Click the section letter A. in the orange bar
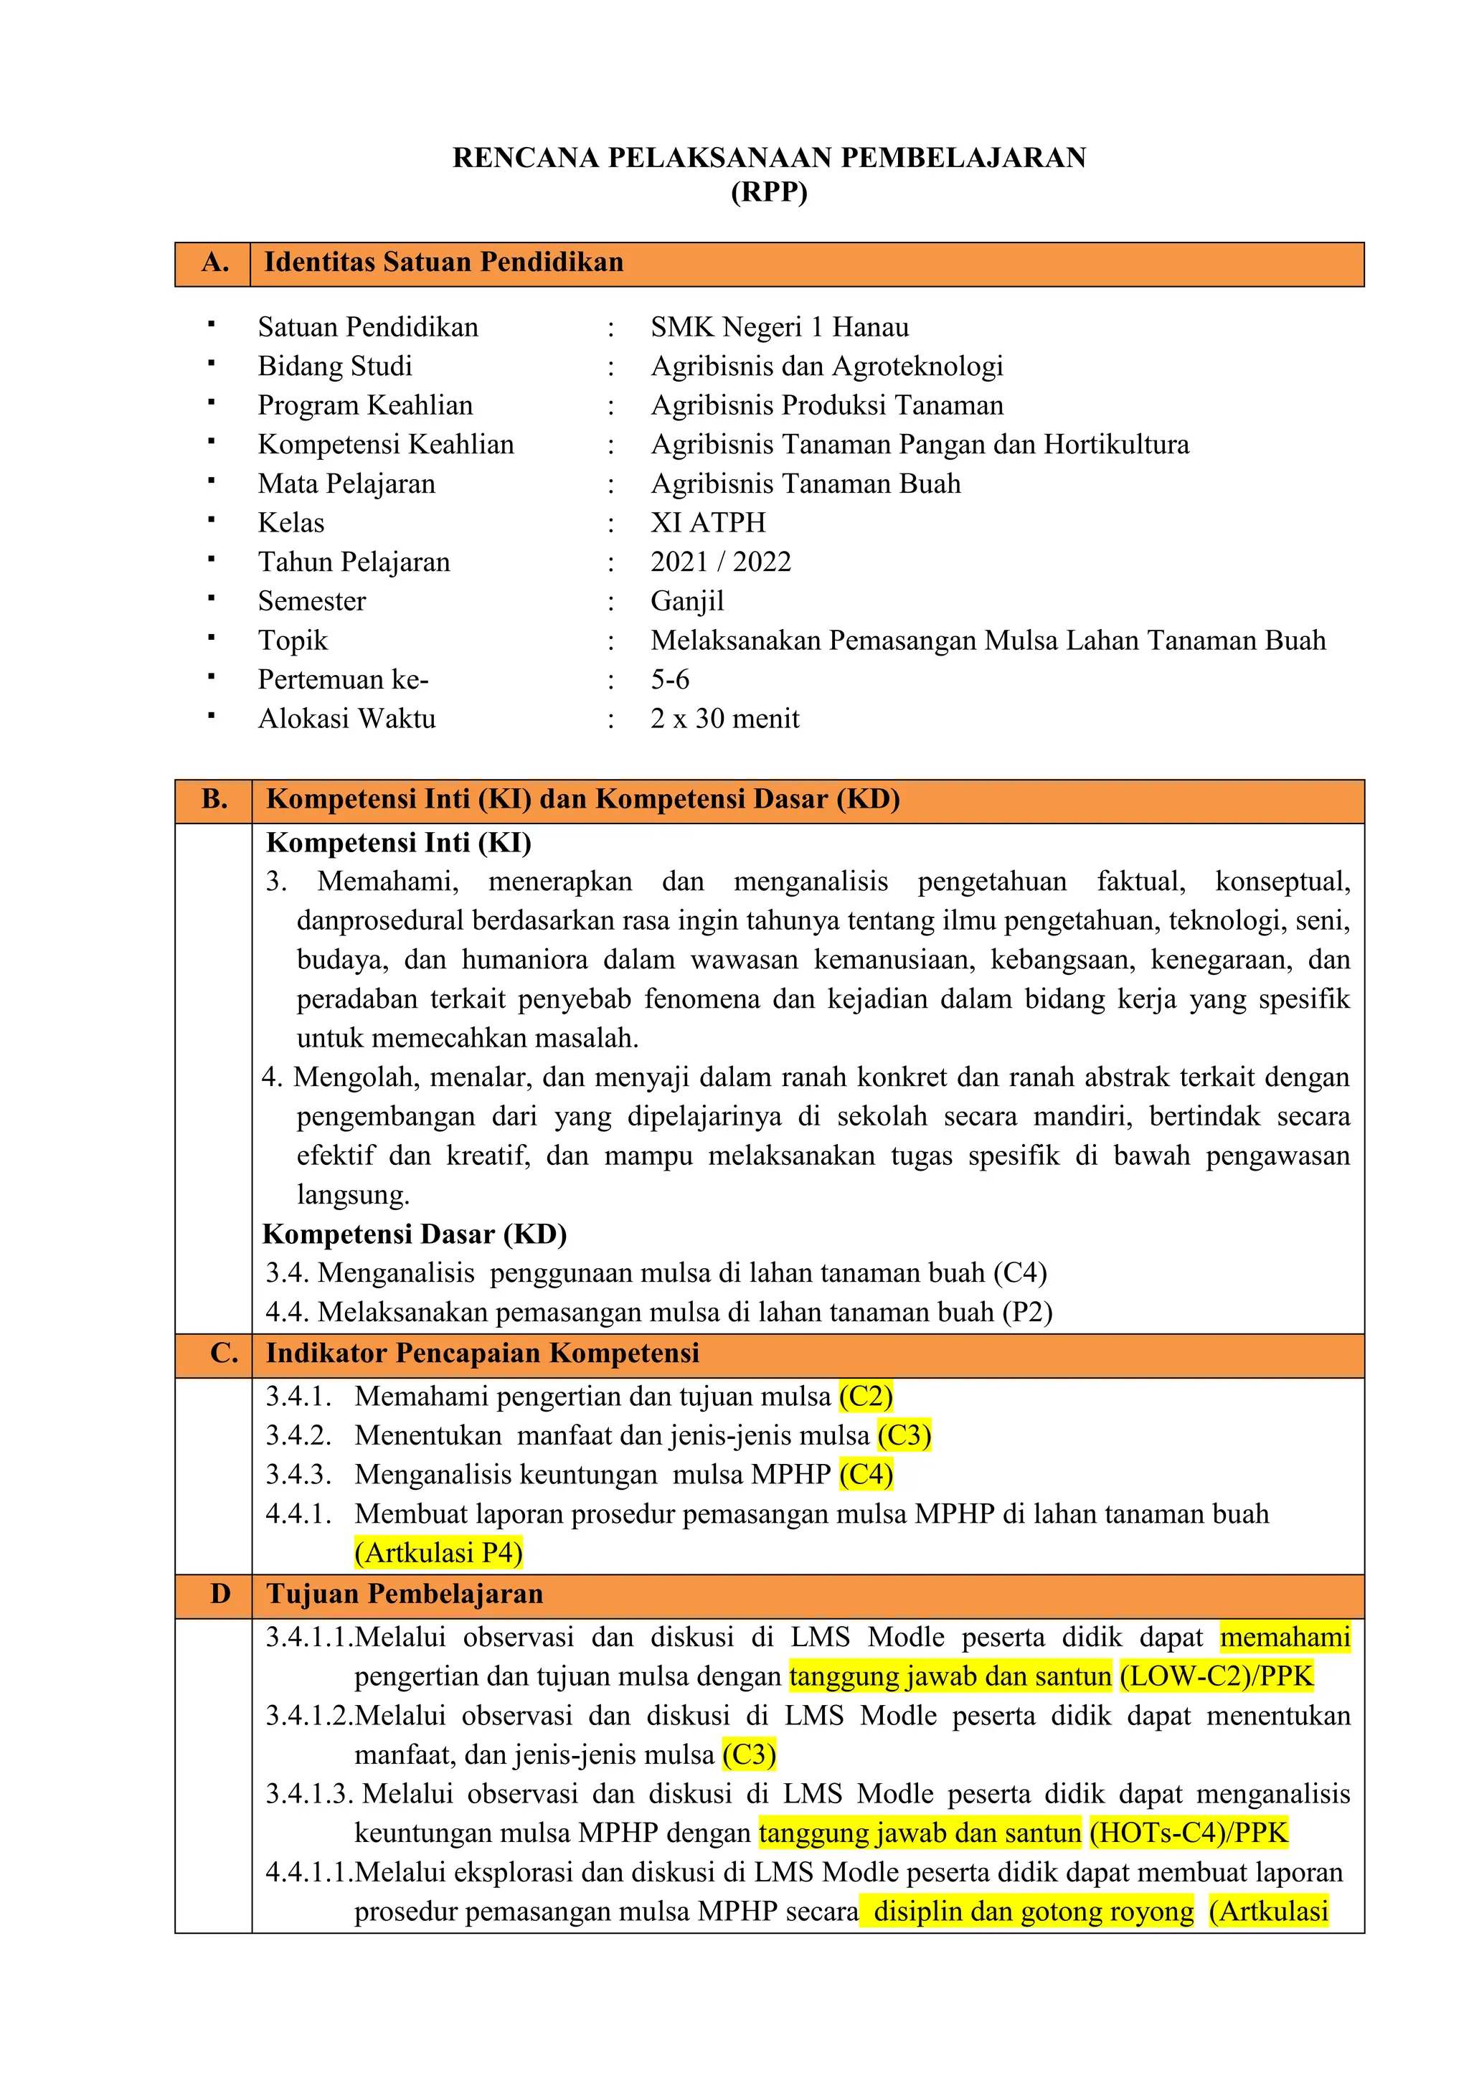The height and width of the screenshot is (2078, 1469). [214, 263]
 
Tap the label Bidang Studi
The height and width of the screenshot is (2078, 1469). [335, 366]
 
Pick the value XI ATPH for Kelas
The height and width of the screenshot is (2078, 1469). [708, 522]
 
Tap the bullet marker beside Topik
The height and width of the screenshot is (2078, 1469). [211, 638]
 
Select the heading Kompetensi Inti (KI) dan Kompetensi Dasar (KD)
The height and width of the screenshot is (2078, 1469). [583, 799]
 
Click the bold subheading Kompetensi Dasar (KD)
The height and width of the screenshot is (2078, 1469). [415, 1234]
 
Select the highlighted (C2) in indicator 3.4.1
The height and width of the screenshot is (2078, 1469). [865, 1397]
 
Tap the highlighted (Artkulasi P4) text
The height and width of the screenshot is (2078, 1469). [439, 1553]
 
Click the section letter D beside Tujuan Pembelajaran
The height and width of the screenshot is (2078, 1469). [220, 1594]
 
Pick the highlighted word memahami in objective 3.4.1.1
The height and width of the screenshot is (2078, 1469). [1285, 1638]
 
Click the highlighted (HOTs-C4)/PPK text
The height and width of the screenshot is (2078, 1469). [1188, 1833]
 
